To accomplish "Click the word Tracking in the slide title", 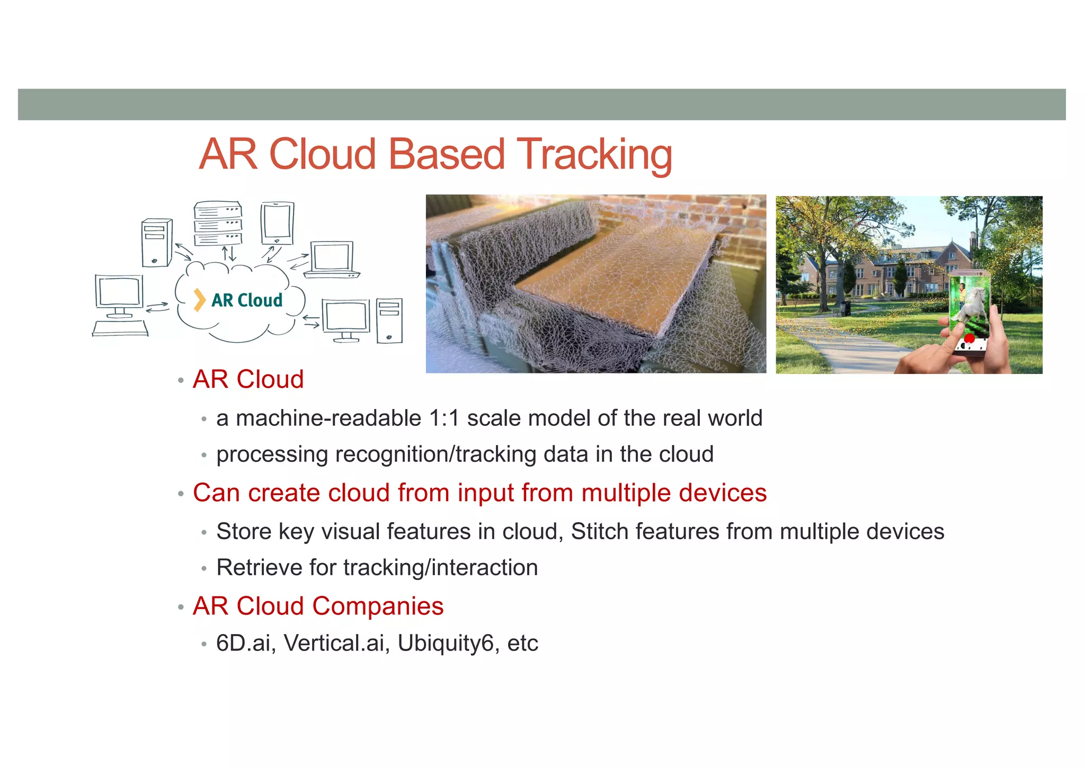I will coord(594,154).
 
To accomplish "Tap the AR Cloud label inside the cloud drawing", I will coord(247,300).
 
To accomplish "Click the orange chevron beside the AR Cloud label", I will coord(199,300).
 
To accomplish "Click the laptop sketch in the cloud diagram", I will coord(332,260).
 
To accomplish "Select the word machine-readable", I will coord(328,418).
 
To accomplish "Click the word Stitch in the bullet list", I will coord(599,531).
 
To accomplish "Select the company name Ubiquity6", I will coord(445,643).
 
